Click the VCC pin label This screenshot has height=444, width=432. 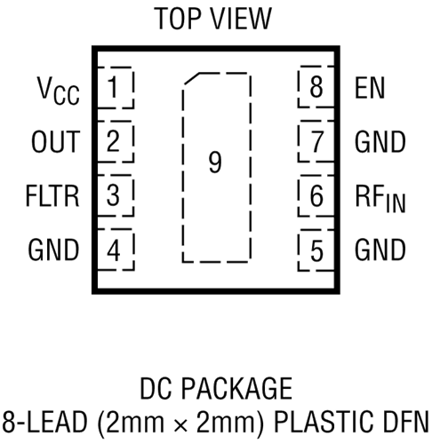point(58,91)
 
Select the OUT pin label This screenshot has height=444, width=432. point(56,141)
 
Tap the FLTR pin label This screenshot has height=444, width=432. point(52,195)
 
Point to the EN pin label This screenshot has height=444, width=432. point(370,88)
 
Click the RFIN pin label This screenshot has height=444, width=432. point(380,198)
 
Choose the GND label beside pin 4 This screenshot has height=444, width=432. point(53,250)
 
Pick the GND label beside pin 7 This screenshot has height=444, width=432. point(380,142)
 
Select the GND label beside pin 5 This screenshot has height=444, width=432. point(380,250)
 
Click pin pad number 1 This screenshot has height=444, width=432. point(116,88)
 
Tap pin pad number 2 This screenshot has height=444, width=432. point(116,141)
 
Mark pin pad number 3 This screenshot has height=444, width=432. point(116,195)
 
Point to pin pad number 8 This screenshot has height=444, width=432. point(316,87)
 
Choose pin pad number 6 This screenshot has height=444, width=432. point(316,195)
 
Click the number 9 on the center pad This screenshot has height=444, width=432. point(215,163)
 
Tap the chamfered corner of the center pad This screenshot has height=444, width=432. point(191,78)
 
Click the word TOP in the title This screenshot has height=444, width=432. point(177,19)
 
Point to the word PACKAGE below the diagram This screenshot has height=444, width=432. point(236,388)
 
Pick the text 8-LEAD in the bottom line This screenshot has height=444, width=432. point(45,421)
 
